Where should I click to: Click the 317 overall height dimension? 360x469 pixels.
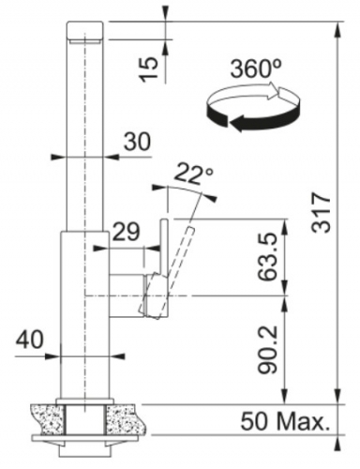point(321,213)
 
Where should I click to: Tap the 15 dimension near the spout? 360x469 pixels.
point(149,69)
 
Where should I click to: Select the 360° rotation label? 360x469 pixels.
point(256,68)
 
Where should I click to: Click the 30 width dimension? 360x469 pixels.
point(137,142)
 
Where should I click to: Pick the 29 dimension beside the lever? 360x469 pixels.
point(127,232)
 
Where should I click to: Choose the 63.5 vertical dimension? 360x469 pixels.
point(267,257)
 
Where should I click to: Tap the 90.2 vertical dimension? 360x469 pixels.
point(267,349)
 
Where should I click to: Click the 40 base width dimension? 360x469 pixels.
point(30,340)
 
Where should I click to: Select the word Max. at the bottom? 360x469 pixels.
point(304,422)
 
